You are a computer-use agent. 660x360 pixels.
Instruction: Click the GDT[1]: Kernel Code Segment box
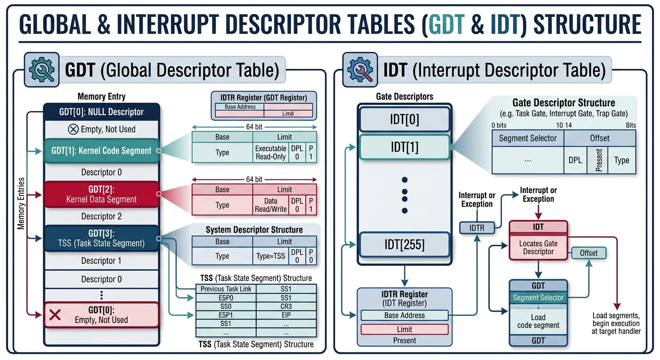[102, 150]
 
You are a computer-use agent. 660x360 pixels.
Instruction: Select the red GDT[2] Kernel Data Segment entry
[102, 194]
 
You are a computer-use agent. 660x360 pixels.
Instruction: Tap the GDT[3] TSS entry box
[102, 238]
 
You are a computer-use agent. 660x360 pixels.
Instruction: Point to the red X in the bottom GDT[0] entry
[55, 315]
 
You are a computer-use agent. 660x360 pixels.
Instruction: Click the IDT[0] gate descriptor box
[404, 119]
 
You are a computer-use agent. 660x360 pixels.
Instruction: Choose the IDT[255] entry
[404, 245]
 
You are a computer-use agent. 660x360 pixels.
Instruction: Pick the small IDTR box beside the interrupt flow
[476, 228]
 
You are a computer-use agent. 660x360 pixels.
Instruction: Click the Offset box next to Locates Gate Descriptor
[588, 253]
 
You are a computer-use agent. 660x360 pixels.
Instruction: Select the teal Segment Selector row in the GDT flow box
[538, 298]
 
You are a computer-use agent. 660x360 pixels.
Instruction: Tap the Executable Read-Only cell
[270, 152]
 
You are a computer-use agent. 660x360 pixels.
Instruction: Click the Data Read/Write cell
[270, 205]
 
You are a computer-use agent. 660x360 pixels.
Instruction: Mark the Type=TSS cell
[270, 256]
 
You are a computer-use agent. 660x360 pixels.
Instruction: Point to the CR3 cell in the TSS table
[286, 307]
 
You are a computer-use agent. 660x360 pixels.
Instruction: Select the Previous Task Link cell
[225, 289]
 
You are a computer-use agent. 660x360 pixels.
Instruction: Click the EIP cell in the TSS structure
[286, 315]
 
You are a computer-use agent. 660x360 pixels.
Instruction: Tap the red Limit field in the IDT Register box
[404, 329]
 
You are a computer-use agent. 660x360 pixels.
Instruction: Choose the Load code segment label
[538, 321]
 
